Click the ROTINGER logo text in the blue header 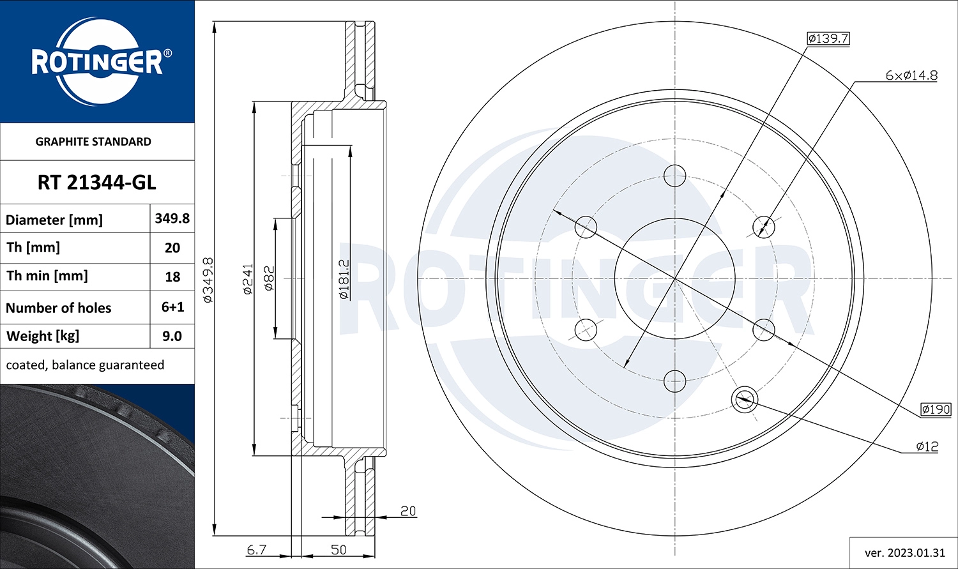[x=97, y=62]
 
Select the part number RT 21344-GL [x=96, y=183]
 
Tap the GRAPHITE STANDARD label [x=93, y=142]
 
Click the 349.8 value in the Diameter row [x=172, y=218]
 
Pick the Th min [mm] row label [x=47, y=276]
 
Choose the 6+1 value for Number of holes [x=172, y=307]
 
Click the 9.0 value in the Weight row [x=172, y=336]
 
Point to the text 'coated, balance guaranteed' [x=85, y=365]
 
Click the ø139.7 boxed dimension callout [x=828, y=38]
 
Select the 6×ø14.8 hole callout [x=911, y=75]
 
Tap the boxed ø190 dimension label [x=936, y=409]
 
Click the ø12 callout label [x=927, y=446]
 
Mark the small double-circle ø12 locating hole [x=743, y=400]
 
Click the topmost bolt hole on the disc [x=674, y=175]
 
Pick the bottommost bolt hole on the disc [x=674, y=381]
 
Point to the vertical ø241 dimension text [x=248, y=278]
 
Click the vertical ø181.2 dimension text [x=344, y=279]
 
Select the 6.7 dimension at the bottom [x=256, y=549]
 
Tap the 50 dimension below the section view [x=338, y=549]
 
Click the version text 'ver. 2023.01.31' [x=904, y=553]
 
